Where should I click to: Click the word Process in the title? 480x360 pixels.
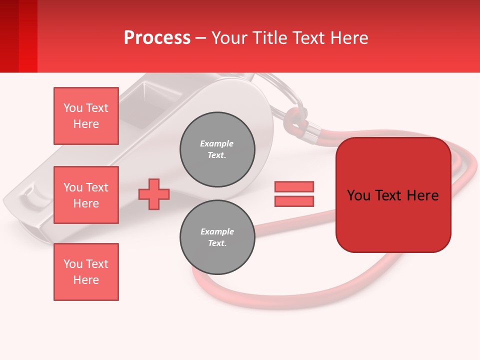click(157, 38)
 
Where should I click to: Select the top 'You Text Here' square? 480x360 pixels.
click(86, 116)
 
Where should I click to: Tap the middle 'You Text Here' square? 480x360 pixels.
click(86, 195)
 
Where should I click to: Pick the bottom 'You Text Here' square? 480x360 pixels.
click(86, 272)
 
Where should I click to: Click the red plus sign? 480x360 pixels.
click(154, 194)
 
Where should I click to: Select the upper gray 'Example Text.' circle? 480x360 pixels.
click(217, 149)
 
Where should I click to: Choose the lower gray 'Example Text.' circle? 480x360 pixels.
click(217, 237)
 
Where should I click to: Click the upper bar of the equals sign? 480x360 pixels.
click(294, 187)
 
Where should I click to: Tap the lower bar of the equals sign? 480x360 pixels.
click(294, 201)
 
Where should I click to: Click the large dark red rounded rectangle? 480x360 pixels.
click(393, 195)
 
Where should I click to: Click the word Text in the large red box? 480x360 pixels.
click(392, 195)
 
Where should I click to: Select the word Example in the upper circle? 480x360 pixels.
click(216, 143)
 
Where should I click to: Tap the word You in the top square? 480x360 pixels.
click(72, 108)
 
